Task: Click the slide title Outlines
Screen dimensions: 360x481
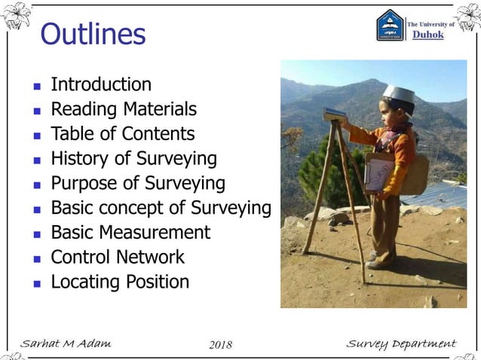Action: pos(93,34)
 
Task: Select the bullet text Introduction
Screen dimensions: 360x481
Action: pos(100,84)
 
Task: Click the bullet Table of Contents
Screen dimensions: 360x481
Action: pos(122,134)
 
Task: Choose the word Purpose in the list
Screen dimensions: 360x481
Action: pos(84,184)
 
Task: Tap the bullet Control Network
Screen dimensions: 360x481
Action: pos(117,257)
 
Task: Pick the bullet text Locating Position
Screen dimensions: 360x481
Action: pos(119,282)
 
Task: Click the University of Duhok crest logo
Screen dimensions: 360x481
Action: pos(390,26)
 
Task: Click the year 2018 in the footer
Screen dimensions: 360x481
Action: pos(219,345)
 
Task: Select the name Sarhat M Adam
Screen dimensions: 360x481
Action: pos(66,344)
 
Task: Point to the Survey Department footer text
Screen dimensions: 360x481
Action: pos(400,344)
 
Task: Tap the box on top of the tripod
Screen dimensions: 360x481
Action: pos(335,114)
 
